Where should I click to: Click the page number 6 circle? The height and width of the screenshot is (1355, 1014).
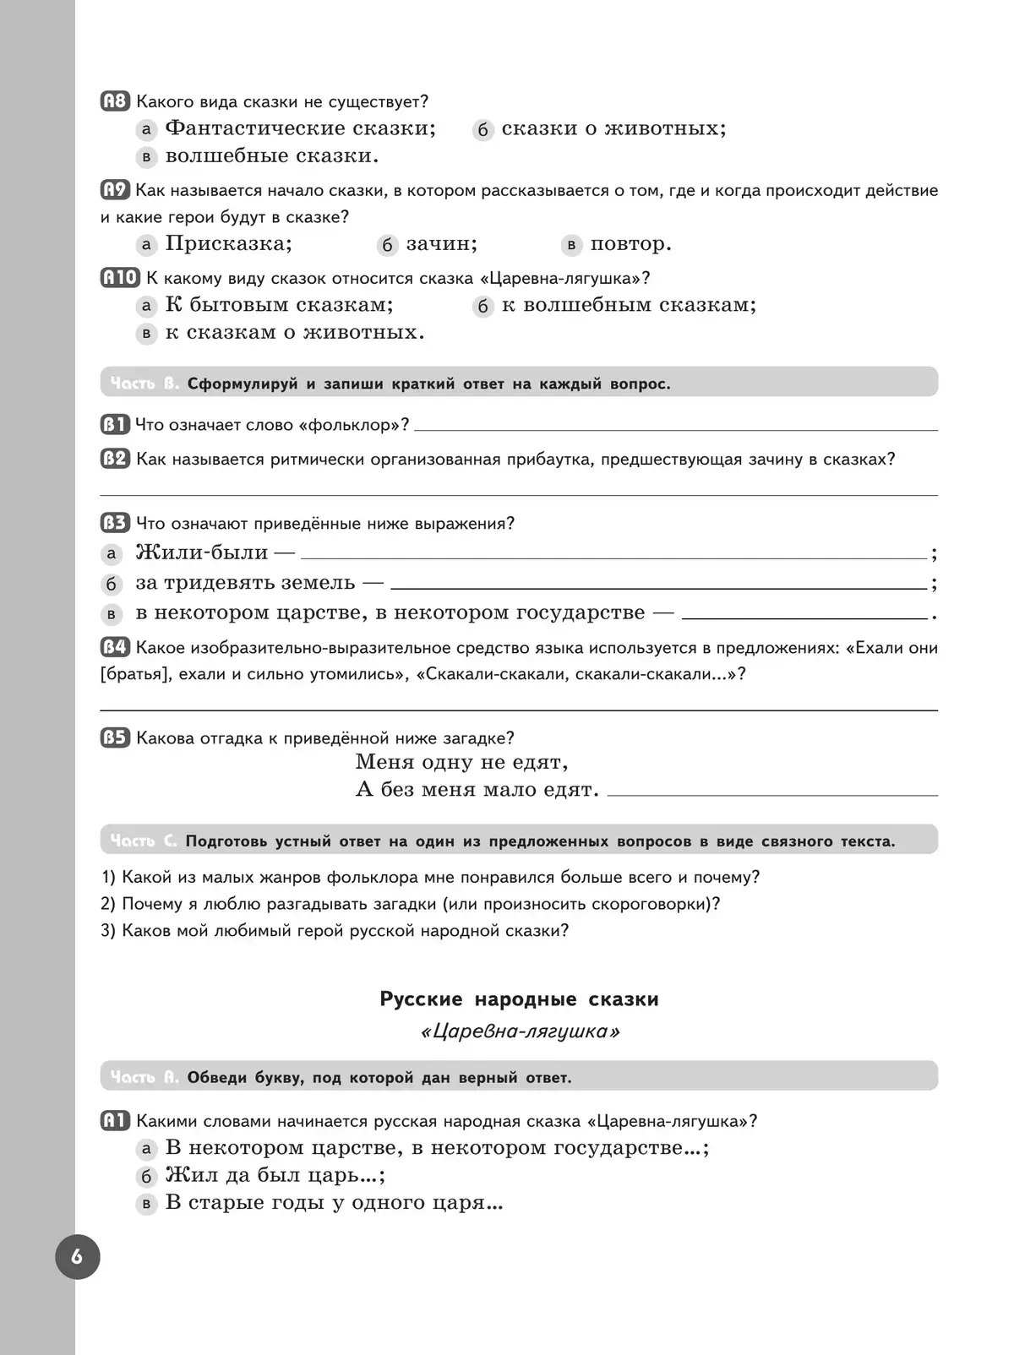coord(78,1256)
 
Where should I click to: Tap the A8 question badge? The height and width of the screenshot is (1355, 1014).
coord(115,102)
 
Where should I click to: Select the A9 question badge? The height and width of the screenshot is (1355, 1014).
coord(115,190)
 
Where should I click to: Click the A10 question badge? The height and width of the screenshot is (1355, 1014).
coord(120,278)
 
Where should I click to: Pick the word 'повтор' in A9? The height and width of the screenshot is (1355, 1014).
coord(630,244)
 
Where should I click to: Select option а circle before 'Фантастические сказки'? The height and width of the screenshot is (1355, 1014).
coord(147,129)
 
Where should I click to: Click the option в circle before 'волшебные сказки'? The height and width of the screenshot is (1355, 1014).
coord(147,157)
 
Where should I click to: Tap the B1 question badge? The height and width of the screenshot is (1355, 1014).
coord(115,425)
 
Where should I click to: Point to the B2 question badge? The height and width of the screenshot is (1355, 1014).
coord(115,460)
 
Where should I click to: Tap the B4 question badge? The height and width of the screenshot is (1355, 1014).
coord(115,648)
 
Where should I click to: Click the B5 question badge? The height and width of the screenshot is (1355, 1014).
coord(115,738)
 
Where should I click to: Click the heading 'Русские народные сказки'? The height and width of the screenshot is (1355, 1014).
coord(519,999)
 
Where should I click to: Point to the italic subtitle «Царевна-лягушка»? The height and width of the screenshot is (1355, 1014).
coord(520,1031)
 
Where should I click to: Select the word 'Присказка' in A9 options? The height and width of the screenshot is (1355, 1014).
coord(228,244)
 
